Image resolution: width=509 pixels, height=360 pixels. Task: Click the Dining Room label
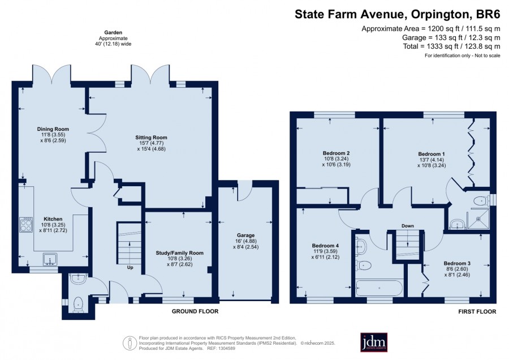point(53,129)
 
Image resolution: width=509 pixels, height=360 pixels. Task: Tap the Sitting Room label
point(151,138)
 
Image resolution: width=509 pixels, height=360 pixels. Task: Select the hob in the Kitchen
point(26,225)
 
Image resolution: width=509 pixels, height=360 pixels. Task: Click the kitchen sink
point(50,259)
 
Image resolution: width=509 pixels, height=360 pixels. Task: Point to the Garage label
point(246,235)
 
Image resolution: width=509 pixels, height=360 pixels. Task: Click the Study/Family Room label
point(179,253)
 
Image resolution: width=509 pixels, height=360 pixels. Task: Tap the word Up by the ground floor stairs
point(130,267)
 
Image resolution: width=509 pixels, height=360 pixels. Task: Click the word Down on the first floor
point(408,226)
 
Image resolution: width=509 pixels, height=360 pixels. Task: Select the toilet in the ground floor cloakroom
point(79,304)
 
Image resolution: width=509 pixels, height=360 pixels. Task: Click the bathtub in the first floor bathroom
point(379,288)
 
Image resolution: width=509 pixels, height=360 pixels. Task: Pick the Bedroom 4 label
point(325,246)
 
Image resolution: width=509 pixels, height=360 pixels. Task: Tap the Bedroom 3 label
point(457,263)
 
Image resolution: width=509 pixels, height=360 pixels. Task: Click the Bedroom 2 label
point(336,153)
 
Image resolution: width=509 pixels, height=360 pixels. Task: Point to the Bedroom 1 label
point(432,154)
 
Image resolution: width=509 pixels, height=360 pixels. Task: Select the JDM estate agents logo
point(374,342)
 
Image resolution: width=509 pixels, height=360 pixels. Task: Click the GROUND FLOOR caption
point(195,311)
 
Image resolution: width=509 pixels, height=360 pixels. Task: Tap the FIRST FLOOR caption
point(477,311)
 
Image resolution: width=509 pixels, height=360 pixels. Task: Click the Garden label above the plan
point(113,32)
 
